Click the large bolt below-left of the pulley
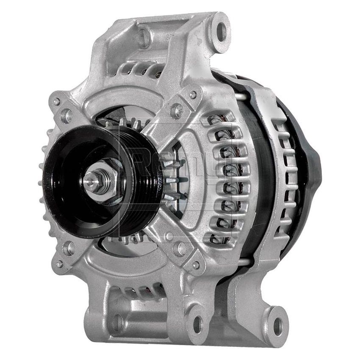coord(69,248)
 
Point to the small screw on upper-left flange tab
coord(56,102)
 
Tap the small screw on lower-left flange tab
coord(59,263)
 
